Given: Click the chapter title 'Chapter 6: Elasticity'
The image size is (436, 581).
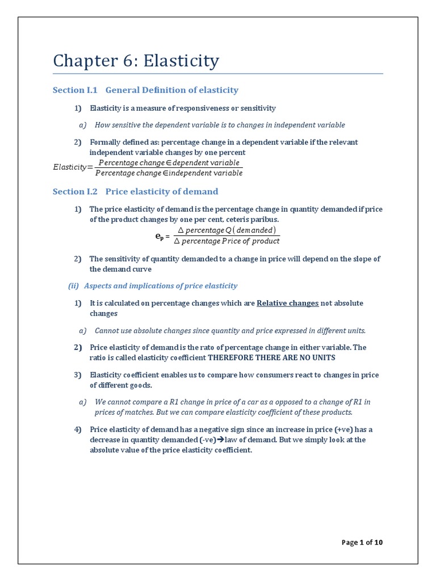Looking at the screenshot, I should click(136, 61).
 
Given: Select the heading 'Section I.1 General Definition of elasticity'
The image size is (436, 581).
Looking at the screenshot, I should click(145, 90).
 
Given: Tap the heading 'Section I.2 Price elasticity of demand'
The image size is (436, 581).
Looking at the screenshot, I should click(135, 192).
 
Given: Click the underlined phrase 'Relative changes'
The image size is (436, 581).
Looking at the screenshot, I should click(287, 303).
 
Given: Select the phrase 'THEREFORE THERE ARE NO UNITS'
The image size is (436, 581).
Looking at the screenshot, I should click(272, 357).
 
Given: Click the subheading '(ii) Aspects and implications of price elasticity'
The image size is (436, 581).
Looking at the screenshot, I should click(153, 286).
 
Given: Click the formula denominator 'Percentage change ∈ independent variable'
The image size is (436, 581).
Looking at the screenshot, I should click(169, 173).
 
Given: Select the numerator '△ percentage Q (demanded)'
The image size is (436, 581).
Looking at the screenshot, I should click(227, 230).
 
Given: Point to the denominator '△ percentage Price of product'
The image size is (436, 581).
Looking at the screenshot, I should click(227, 241).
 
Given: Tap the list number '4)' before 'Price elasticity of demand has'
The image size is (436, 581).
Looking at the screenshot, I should click(78, 429).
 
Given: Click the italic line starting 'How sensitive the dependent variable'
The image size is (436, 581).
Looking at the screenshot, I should click(220, 125).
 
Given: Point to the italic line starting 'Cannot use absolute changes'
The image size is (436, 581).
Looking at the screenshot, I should click(230, 330).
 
